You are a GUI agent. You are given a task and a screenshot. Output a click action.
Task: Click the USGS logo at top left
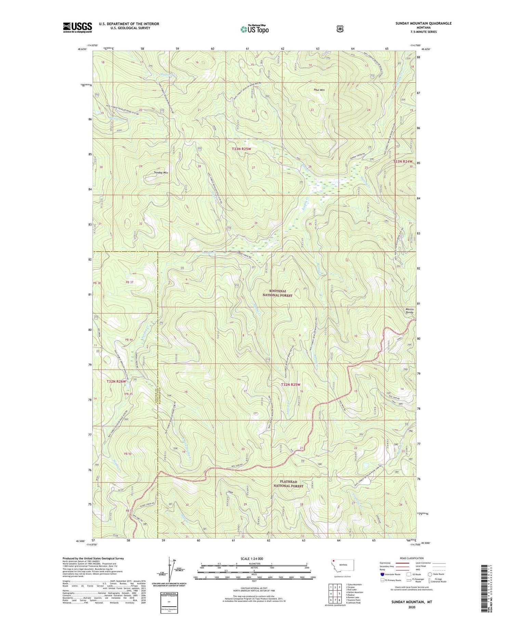(77, 27)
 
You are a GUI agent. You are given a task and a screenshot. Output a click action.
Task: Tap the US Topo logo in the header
(254, 29)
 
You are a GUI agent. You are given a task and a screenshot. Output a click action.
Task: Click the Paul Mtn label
(319, 90)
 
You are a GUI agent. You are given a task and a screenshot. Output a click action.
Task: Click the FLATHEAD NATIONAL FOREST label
(288, 484)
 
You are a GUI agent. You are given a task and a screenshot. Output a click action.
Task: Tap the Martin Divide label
(409, 311)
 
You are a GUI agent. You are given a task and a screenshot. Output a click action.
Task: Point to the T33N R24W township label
(403, 161)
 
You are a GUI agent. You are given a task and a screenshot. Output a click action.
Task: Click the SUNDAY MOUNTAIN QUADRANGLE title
(419, 23)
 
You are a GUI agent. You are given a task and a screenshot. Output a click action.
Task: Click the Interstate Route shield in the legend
(382, 574)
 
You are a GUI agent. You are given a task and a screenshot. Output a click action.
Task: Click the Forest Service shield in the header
(340, 29)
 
